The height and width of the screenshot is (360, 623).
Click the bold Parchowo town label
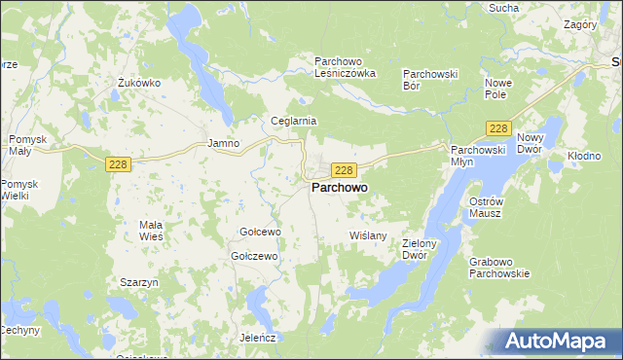pyautogui.click(x=340, y=189)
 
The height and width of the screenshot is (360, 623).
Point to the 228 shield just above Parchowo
pyautogui.click(x=343, y=169)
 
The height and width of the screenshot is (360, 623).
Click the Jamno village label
pyautogui.click(x=224, y=143)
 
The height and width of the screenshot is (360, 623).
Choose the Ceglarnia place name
pyautogui.click(x=294, y=121)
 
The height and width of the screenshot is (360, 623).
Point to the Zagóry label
pyautogui.click(x=580, y=23)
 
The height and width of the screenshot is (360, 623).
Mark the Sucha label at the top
pyautogui.click(x=503, y=8)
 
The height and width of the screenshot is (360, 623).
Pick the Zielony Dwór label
pyautogui.click(x=422, y=250)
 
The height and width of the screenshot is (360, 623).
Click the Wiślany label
pyautogui.click(x=368, y=235)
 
